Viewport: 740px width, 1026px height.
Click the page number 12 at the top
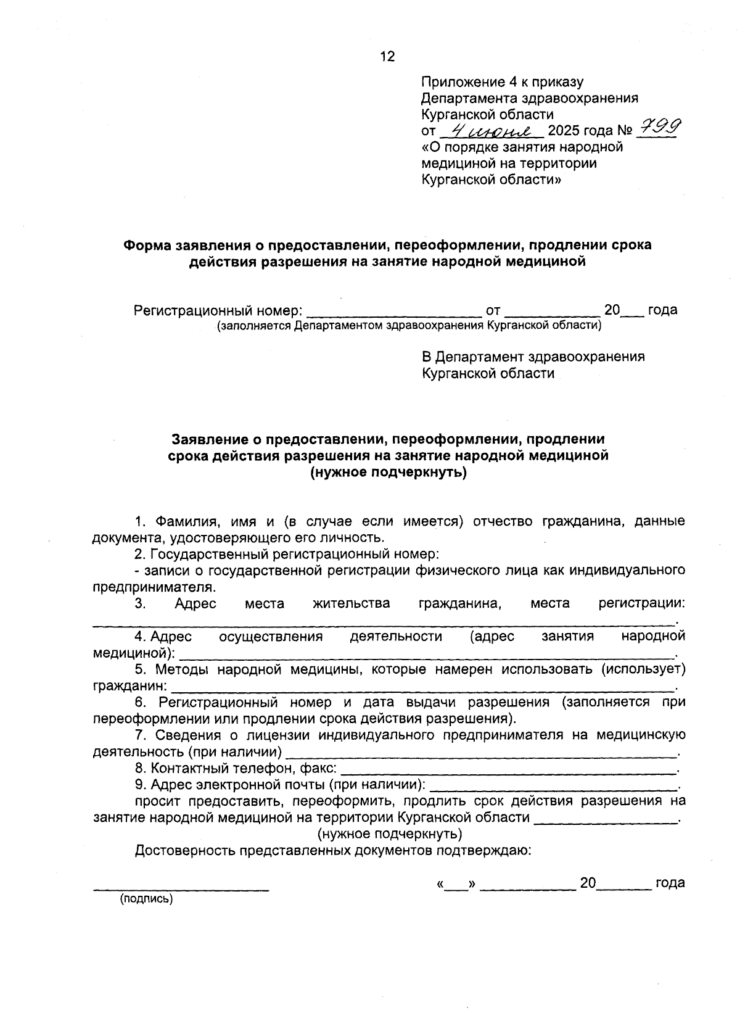point(387,57)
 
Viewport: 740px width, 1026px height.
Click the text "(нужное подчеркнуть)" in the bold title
point(388,473)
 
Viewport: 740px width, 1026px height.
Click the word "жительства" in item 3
point(351,603)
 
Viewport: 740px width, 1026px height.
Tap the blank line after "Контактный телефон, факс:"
point(508,771)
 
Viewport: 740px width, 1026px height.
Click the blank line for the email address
point(553,788)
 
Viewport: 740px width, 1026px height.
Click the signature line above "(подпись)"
point(181,888)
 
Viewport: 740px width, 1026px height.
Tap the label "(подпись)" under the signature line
point(147,899)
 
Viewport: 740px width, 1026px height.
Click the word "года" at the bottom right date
point(670,883)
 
